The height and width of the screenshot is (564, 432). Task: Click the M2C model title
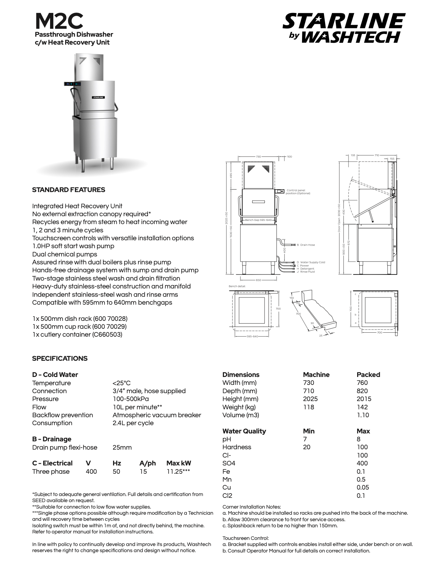click(x=59, y=21)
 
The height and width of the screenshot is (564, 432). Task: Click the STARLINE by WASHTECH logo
click(x=344, y=28)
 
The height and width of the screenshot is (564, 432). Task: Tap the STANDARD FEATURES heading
click(x=68, y=190)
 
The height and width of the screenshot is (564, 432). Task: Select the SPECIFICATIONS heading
click(x=60, y=358)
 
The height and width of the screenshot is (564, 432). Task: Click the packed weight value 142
click(x=362, y=407)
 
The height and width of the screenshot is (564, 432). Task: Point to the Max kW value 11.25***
click(x=178, y=472)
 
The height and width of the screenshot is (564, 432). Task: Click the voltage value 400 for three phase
click(x=91, y=472)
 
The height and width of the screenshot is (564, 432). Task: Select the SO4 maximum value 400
click(x=362, y=463)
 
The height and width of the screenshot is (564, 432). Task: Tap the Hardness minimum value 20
click(x=306, y=447)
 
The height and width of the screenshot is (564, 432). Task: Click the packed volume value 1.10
click(x=363, y=415)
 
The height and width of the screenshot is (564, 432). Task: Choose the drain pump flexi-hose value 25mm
click(x=122, y=447)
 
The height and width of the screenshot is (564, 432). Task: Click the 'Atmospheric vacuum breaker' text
click(x=157, y=415)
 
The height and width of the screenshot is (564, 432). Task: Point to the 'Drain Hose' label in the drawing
click(x=307, y=245)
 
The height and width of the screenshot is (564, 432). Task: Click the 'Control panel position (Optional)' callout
click(x=298, y=192)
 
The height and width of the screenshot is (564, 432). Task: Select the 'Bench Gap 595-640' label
click(x=258, y=220)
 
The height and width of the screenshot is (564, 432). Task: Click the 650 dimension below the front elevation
click(x=258, y=280)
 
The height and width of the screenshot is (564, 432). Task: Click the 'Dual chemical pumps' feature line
click(x=64, y=254)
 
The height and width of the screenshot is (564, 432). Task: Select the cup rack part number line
click(x=79, y=327)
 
